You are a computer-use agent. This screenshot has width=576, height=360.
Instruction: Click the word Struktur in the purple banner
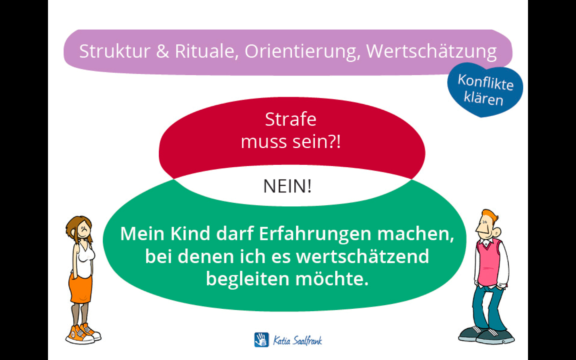click(x=115, y=51)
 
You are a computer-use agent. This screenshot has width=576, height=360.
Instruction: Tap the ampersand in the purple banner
click(x=163, y=51)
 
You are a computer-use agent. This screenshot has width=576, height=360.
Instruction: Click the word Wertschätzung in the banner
click(x=432, y=52)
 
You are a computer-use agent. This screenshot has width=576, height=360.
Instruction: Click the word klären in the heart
click(x=484, y=98)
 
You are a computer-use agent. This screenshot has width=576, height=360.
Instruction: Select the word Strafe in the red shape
click(x=290, y=119)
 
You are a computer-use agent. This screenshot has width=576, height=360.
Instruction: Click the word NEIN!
click(x=287, y=186)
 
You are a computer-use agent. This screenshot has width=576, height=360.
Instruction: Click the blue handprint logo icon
click(x=262, y=340)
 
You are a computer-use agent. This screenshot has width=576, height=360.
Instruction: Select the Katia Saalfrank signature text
click(x=298, y=340)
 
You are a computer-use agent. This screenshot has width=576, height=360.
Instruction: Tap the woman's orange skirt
click(x=80, y=288)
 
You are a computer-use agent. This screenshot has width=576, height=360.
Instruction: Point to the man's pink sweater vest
click(x=488, y=263)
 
